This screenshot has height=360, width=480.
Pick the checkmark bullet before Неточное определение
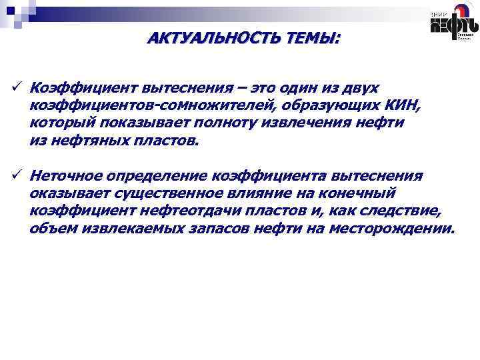click(x=15, y=176)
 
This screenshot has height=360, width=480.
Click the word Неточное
click(x=66, y=177)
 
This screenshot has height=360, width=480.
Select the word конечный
click(x=363, y=194)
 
